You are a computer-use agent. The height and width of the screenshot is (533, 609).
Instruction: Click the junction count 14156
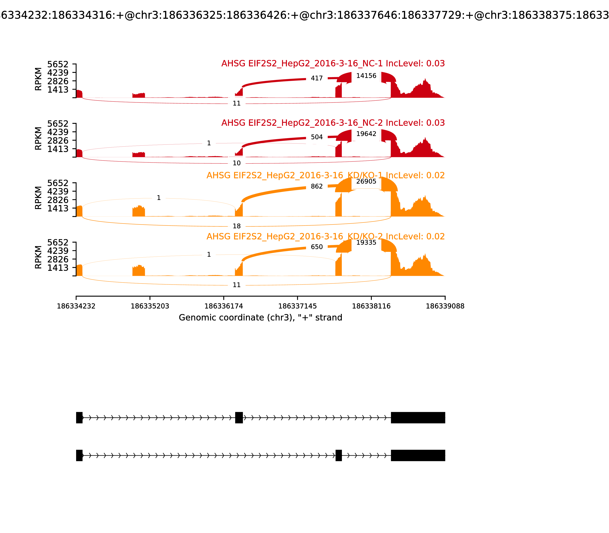pos(366,76)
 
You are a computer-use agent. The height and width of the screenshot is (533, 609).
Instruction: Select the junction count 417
pos(317,78)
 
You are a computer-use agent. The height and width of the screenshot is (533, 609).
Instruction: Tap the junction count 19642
pos(366,134)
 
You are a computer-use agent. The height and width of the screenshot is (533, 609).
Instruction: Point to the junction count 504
pos(317,137)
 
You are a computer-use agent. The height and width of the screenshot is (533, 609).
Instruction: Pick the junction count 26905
pos(366,181)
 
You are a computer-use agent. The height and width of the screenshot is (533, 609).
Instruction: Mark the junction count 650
pos(317,247)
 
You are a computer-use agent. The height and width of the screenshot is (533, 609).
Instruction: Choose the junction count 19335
pos(366,242)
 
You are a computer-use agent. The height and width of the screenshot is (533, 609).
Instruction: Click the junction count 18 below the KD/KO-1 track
pos(237,226)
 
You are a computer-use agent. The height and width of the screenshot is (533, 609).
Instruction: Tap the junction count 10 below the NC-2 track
pos(237,163)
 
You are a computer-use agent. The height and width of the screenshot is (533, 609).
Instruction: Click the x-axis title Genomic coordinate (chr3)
pos(261,318)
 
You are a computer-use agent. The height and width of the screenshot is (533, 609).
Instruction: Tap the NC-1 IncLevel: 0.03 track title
pos(333,63)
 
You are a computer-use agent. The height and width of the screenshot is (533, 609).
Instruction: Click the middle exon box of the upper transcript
pos(239,418)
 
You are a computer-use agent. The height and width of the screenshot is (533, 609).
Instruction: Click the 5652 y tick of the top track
pos(58,64)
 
